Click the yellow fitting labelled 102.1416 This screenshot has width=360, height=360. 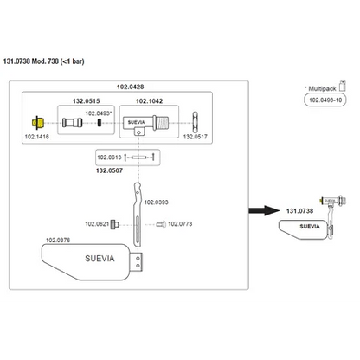pyautogui.click(x=38, y=123)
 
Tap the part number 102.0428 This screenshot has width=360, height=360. pyautogui.click(x=130, y=87)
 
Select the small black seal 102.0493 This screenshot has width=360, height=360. pyautogui.click(x=100, y=123)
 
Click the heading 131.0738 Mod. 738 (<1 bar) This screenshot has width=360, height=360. pyautogui.click(x=44, y=61)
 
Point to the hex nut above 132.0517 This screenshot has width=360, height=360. pyautogui.click(x=196, y=122)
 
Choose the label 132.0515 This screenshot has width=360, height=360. pyautogui.click(x=86, y=101)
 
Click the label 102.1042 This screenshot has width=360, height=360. pyautogui.click(x=149, y=101)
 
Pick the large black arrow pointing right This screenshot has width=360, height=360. pyautogui.click(x=264, y=210)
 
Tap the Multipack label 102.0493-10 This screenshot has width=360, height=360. pyautogui.click(x=325, y=100)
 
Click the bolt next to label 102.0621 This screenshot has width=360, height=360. pyautogui.click(x=114, y=224)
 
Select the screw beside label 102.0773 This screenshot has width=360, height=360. pyautogui.click(x=161, y=224)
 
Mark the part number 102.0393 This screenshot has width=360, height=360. pyautogui.click(x=156, y=202)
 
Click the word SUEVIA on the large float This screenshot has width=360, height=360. pyautogui.click(x=100, y=259)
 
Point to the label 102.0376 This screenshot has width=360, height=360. pyautogui.click(x=58, y=240)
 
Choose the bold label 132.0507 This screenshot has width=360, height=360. pyautogui.click(x=109, y=170)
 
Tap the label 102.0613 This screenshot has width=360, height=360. pyautogui.click(x=109, y=157)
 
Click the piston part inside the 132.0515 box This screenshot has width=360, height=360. pyautogui.click(x=73, y=123)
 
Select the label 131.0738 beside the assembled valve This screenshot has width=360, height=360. pyautogui.click(x=299, y=211)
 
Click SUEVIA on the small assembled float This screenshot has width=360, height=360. pyautogui.click(x=310, y=227)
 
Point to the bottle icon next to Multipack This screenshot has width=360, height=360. pyautogui.click(x=343, y=86)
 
